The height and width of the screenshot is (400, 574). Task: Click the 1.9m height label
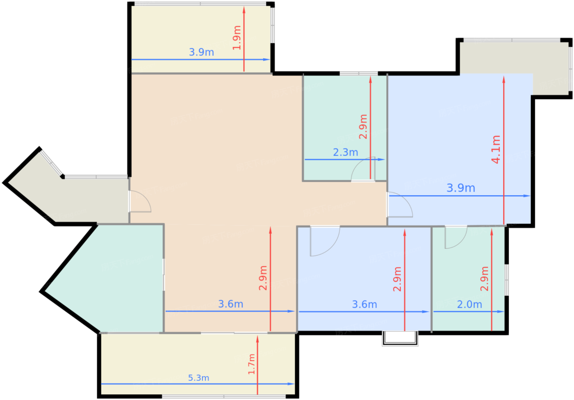[x=237, y=38]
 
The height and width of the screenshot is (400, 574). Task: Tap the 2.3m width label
[x=345, y=152]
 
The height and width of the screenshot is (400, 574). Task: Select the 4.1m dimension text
[x=496, y=149]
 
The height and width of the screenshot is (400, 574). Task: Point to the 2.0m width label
[x=469, y=304]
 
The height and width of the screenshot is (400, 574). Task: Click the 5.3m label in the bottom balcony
[x=198, y=378]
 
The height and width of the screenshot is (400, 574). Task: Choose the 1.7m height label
[x=252, y=364]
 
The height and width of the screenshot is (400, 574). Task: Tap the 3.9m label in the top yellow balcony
[x=201, y=53]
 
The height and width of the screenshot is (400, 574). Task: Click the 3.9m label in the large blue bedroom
[x=461, y=188]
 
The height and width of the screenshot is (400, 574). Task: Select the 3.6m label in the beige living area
[x=230, y=304]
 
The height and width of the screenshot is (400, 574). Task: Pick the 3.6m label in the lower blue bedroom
[x=364, y=304]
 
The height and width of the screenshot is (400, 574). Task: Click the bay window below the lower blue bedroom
[x=400, y=338]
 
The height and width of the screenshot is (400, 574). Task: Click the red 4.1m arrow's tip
[x=503, y=76]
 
